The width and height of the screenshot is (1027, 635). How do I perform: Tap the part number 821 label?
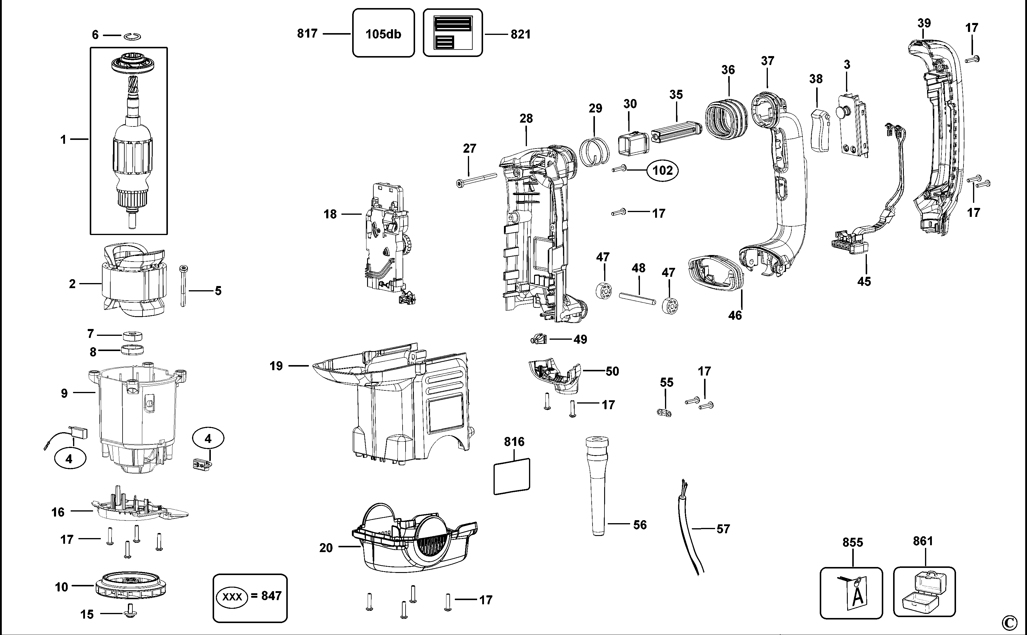(521, 34)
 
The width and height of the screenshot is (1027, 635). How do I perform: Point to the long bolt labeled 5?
(183, 286)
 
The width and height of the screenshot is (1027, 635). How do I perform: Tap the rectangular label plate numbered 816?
(512, 476)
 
